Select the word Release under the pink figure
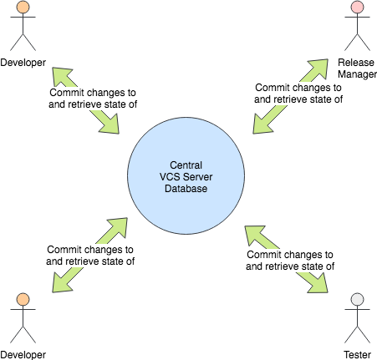pos(357,63)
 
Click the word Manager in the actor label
pos(357,74)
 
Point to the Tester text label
pos(357,354)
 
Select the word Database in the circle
pos(185,189)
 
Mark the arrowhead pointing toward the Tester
pos(318,284)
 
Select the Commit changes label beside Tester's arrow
pos(290,260)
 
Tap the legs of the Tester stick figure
pos(357,337)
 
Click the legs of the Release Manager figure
pos(357,47)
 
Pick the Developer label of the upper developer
pos(23,63)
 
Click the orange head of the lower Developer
pos(23,299)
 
